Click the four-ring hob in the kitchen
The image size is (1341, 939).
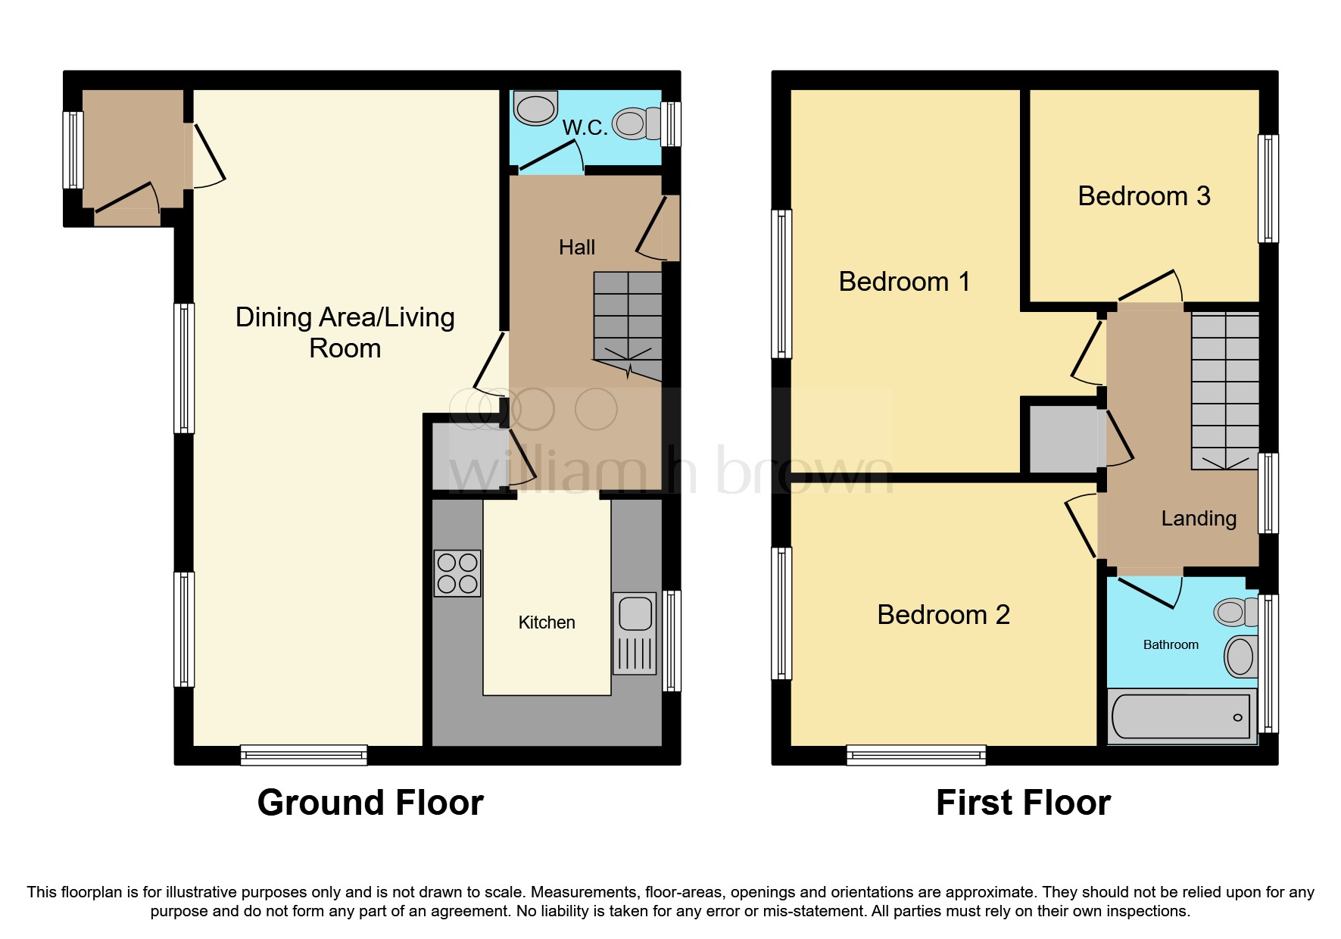point(457,573)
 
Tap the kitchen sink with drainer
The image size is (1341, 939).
point(635,633)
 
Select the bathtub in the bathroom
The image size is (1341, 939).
point(1180,716)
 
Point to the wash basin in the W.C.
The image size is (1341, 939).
point(535,108)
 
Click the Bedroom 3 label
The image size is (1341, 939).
point(1143,196)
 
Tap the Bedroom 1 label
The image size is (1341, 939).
point(903,282)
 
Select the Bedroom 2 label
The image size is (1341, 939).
point(943,615)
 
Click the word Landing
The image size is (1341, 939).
point(1198,519)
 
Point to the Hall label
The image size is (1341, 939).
point(576,248)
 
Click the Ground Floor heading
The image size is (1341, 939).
point(370,803)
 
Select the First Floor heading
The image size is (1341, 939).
point(1022,803)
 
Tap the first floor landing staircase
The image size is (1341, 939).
point(1224,390)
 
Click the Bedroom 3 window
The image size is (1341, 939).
point(1268,189)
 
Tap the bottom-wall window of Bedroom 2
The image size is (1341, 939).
point(915,754)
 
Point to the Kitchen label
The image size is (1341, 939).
point(546,623)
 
